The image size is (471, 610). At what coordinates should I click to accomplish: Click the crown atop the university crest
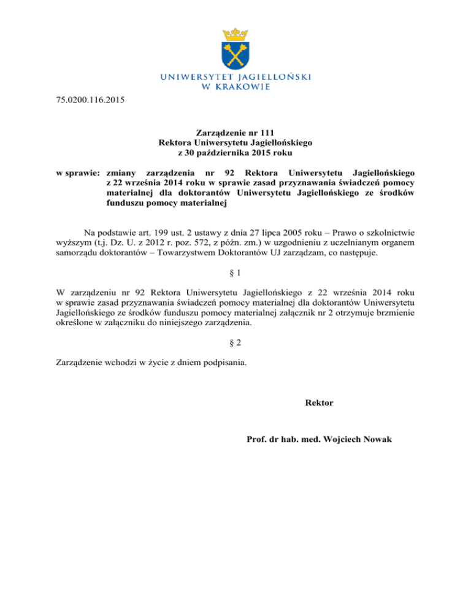(x=235, y=31)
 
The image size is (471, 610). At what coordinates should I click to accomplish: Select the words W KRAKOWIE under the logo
(x=235, y=87)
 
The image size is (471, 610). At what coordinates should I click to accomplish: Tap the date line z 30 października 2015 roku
(x=235, y=153)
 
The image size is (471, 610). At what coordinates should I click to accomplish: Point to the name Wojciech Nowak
(x=356, y=439)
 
